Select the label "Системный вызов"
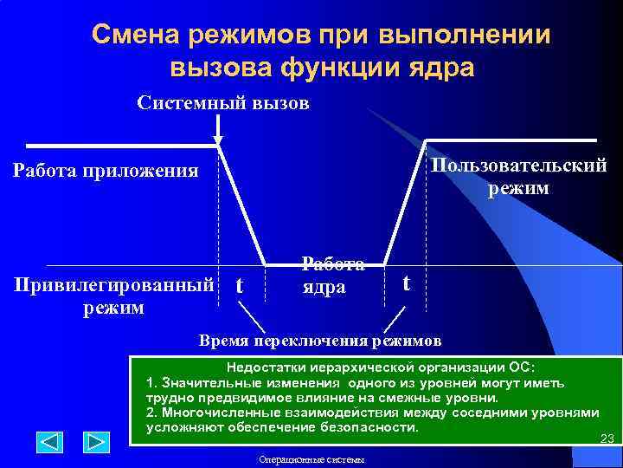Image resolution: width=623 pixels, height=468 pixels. pos(223,103)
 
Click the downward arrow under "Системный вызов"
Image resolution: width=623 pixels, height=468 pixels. pos(218,130)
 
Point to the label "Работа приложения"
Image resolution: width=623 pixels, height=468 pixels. pos(106,170)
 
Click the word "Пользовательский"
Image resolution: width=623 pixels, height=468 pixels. pos(518,166)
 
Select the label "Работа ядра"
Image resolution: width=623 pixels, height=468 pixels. pos(332,276)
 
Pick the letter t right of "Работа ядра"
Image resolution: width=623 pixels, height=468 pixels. pos(408,283)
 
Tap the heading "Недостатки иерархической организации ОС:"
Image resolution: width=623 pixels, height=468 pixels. pos(381,367)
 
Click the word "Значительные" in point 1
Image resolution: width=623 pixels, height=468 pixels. pos(208,382)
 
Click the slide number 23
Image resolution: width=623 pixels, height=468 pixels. pos(607,439)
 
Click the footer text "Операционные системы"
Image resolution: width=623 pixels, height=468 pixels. pos(311,459)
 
